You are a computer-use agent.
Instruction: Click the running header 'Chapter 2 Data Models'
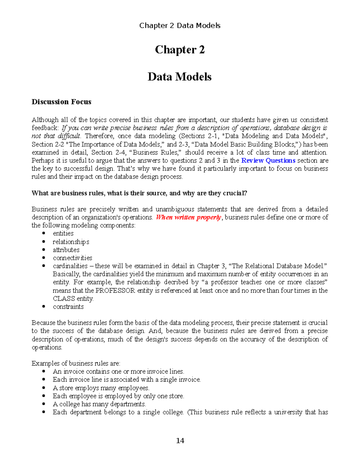point(180,26)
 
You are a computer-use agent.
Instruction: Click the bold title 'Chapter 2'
point(180,50)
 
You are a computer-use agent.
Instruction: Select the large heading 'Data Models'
point(179,77)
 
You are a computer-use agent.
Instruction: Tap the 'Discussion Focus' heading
point(61,102)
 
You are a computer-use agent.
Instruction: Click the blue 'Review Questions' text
point(268,161)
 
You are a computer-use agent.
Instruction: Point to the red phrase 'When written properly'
point(188,217)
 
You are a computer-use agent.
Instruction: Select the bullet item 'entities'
point(63,233)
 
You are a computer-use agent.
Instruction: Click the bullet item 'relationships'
point(71,242)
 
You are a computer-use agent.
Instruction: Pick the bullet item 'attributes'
point(66,250)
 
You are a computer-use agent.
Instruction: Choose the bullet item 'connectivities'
point(72,258)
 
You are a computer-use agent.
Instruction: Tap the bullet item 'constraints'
point(68,307)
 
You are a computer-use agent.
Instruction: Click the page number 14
point(180,440)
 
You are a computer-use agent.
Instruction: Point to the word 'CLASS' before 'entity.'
point(64,299)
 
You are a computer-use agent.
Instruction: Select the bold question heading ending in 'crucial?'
point(139,193)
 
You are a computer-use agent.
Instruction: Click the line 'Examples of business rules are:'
point(76,363)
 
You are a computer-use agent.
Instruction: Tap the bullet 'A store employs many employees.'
point(101,388)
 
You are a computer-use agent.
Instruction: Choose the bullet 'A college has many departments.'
point(99,404)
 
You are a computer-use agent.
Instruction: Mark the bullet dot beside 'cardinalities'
point(44,266)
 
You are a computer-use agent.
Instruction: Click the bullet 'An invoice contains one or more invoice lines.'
point(118,371)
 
